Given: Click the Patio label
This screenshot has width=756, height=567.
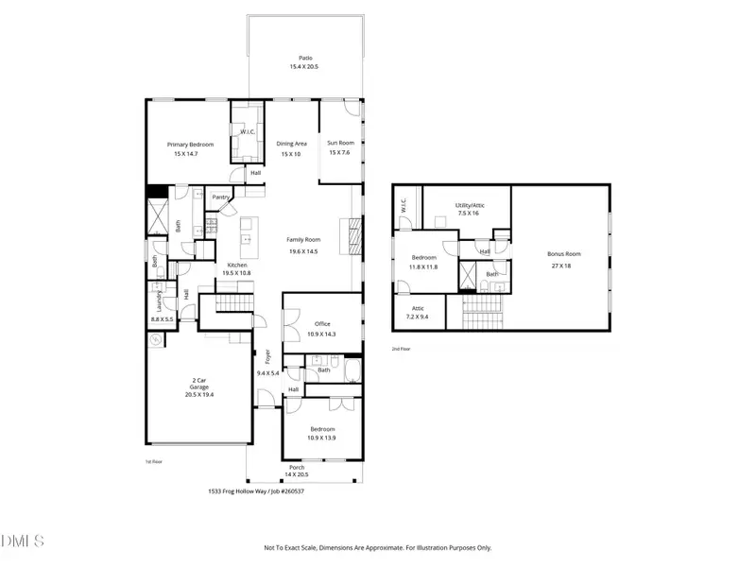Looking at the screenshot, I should click(303, 57).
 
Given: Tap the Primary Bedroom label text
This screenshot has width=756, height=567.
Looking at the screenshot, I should click(190, 145).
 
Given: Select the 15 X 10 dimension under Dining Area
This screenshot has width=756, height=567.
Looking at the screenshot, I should click(291, 154).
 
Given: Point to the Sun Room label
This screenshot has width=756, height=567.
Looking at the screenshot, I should click(339, 144).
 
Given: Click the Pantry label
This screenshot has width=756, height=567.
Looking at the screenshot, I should click(221, 197).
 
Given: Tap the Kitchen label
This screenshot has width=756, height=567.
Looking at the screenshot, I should click(237, 265).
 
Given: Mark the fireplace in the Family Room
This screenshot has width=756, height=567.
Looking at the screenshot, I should click(354, 233).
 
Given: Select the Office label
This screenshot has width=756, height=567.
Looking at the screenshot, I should click(322, 324).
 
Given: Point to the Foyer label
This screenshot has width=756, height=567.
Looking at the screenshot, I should click(267, 356).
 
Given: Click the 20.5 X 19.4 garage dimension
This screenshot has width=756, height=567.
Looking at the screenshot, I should click(198, 393).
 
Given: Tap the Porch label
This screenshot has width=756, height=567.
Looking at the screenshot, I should click(298, 467).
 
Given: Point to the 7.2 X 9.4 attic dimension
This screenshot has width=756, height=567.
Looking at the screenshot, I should click(417, 318).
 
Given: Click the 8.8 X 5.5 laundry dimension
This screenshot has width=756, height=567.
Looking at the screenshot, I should click(162, 320).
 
